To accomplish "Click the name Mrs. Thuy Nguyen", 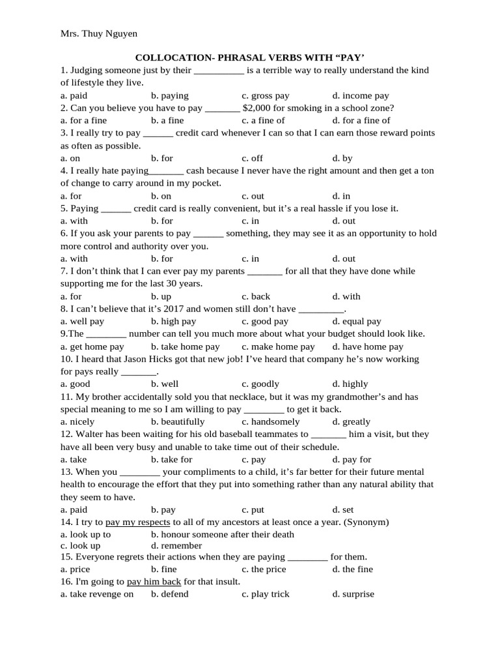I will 99,33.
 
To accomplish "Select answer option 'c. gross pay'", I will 265,96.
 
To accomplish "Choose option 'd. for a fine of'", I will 361,121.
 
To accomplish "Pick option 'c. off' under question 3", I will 252,158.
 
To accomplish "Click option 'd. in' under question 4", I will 341,196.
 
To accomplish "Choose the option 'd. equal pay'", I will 357,321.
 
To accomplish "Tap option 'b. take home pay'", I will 186,347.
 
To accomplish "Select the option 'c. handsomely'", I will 270,421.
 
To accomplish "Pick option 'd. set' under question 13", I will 343,510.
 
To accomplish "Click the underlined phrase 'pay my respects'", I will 137,522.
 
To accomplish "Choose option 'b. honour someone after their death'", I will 223,535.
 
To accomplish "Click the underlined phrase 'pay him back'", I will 154,582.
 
